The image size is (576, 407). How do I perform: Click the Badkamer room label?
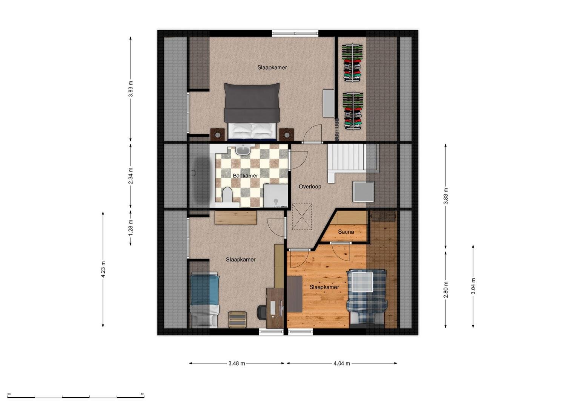coord(245,176)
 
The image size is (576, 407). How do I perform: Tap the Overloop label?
coord(310,187)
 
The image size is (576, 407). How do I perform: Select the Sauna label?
coord(346,232)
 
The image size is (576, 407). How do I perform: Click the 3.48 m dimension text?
coord(237,364)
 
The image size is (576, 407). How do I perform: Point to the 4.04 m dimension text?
coord(342,364)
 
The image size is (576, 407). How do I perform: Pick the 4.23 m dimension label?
coord(103,269)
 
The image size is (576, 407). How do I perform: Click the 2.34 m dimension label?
coord(131,176)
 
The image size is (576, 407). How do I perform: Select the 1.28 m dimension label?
coord(131,228)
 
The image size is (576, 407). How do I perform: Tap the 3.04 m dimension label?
coord(473,286)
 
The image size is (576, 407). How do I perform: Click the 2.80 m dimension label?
coord(445,290)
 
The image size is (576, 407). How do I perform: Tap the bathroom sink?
coord(243,150)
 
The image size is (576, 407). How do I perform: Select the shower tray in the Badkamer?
coord(276,196)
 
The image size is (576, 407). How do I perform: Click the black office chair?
coord(262,312)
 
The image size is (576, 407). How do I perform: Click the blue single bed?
coord(204,300)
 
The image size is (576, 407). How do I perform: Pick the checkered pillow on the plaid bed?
coord(362,282)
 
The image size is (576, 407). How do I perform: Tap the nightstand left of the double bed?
coord(217,135)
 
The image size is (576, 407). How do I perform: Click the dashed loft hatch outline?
coord(302,217)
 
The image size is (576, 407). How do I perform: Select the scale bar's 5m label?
coord(142,394)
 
